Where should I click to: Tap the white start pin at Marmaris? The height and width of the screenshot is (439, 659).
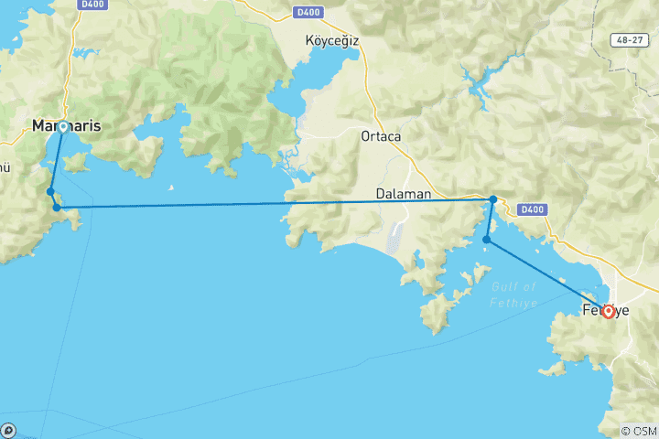tap(62, 127)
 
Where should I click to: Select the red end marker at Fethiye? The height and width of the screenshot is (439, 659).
tap(608, 311)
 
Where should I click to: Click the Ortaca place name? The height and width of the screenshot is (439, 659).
tap(381, 136)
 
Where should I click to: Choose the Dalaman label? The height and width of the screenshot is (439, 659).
tap(404, 194)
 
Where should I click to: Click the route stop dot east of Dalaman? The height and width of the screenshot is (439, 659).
tap(492, 199)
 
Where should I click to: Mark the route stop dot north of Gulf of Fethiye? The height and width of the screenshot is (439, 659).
tap(487, 241)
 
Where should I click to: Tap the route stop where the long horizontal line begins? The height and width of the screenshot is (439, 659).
tap(58, 208)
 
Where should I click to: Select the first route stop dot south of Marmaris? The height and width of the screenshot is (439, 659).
tap(51, 191)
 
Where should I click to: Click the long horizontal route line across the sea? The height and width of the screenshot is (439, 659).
tap(275, 203)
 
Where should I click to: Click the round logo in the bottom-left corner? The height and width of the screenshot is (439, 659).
tap(8, 430)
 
